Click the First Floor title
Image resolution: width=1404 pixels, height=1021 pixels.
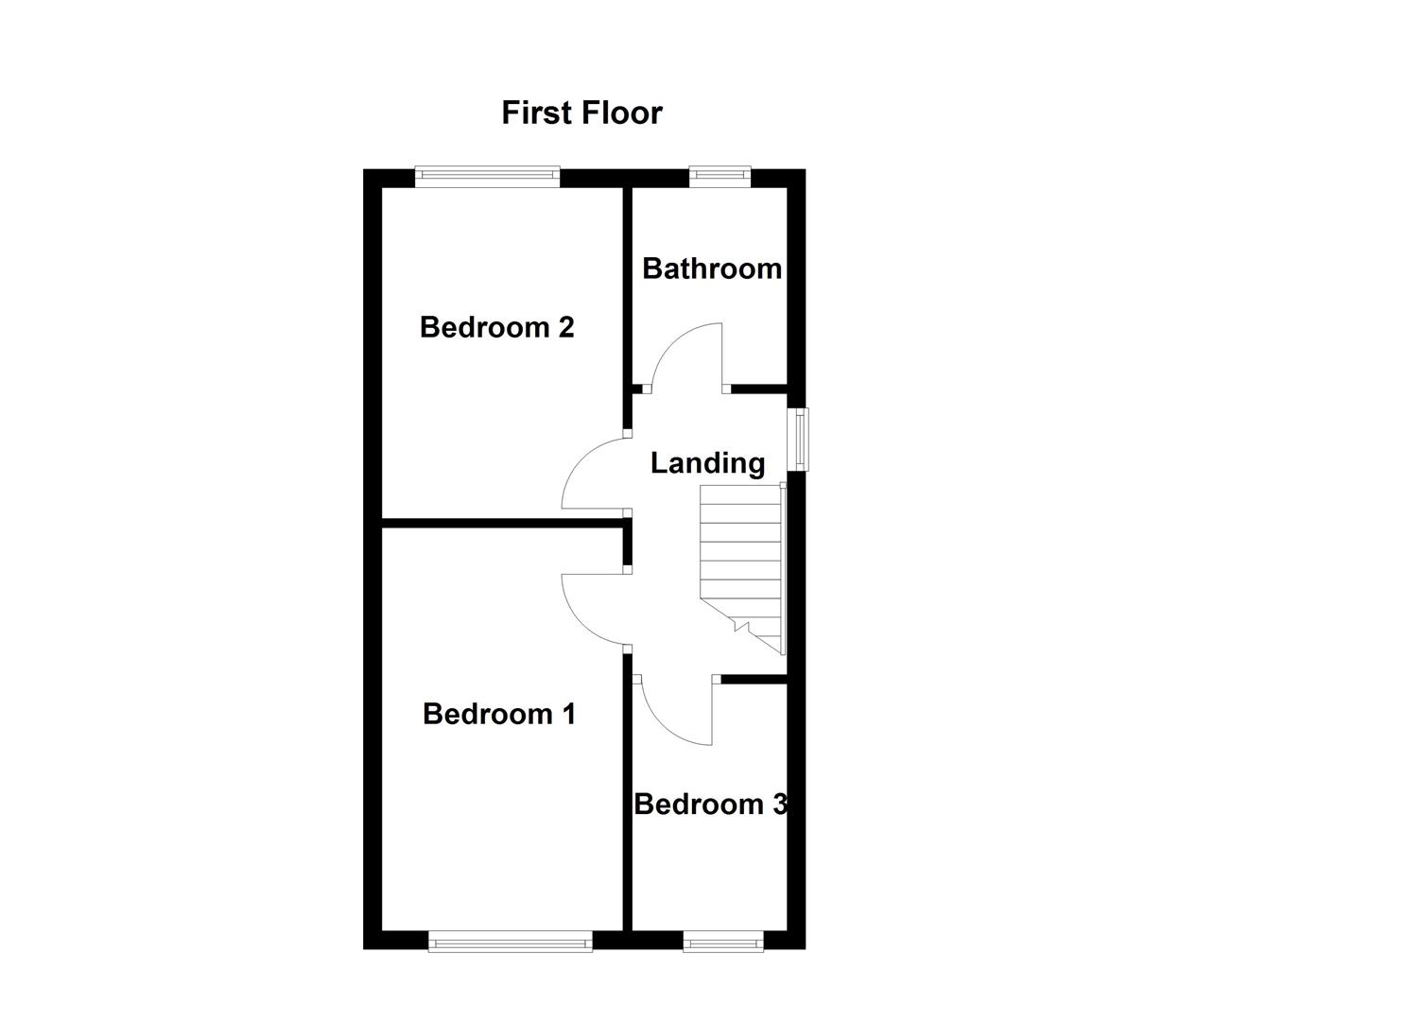[581, 112]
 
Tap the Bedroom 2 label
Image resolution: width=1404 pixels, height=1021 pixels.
[496, 327]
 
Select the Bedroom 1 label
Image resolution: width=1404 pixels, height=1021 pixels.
[498, 714]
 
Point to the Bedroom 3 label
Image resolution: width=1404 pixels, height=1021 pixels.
[709, 805]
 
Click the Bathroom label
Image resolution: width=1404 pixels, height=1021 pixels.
[711, 268]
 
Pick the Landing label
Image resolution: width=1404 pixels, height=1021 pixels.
[707, 463]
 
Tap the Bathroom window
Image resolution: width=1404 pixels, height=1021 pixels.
[719, 175]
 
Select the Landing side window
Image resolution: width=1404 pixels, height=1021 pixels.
[800, 439]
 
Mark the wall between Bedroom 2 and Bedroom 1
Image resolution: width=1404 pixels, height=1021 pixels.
[501, 521]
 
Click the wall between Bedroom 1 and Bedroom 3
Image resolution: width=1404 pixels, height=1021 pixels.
[627, 804]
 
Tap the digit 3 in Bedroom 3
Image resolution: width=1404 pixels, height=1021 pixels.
[780, 805]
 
